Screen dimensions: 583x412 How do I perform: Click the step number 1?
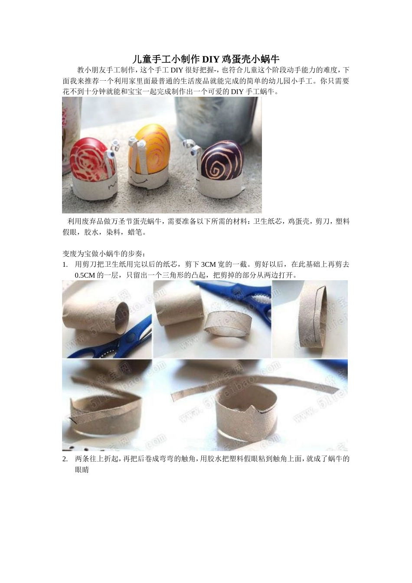[x=65, y=265]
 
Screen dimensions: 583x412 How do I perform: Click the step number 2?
[x=65, y=459]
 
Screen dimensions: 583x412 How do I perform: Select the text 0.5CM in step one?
[x=85, y=275]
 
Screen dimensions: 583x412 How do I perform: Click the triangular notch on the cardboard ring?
[x=246, y=407]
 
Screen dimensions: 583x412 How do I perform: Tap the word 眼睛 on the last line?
[x=82, y=470]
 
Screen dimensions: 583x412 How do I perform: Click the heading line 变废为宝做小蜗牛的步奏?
[x=105, y=254]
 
